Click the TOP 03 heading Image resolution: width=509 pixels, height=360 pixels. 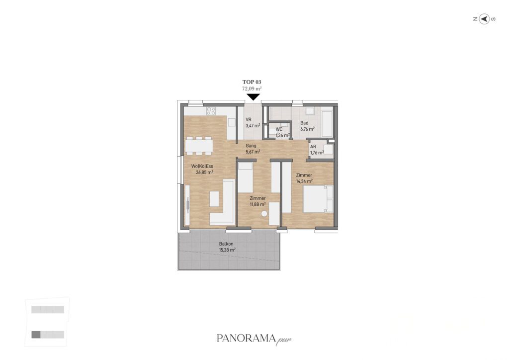click(252, 82)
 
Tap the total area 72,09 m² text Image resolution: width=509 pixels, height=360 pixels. click(252, 89)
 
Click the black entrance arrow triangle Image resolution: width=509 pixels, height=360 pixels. click(253, 97)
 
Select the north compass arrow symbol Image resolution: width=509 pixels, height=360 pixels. click(484, 19)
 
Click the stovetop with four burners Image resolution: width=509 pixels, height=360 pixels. click(211, 111)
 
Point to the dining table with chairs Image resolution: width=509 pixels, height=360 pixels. click(199, 145)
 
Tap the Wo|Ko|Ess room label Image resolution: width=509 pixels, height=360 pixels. click(202, 166)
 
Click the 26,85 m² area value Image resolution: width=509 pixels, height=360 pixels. click(204, 173)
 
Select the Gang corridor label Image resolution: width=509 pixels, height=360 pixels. click(251, 146)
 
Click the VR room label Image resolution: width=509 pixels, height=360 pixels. click(249, 119)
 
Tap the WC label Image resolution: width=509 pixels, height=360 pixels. click(279, 129)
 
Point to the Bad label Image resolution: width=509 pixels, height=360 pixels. click(304, 123)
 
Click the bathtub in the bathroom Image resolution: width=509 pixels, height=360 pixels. click(327, 123)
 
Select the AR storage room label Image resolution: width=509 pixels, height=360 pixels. click(313, 147)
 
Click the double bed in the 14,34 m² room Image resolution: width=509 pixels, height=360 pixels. click(318, 199)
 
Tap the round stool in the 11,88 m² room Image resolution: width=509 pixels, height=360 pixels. click(264, 214)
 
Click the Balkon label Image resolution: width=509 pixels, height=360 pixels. click(226, 244)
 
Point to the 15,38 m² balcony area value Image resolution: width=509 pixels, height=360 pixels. click(227, 250)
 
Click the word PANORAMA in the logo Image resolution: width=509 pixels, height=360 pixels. click(246, 338)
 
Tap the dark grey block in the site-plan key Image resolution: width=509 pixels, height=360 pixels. click(36, 334)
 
